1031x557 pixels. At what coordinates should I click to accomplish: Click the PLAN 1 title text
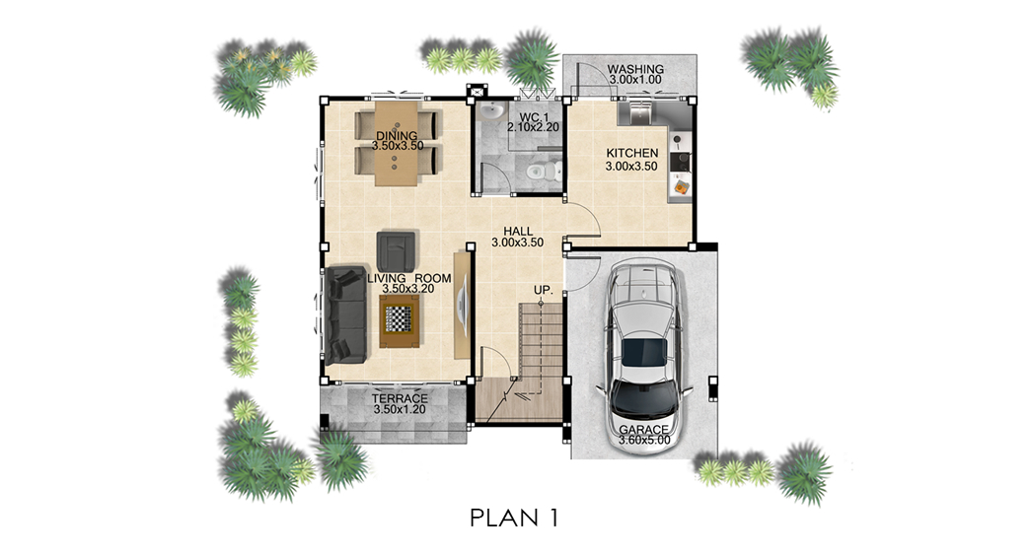coord(514,519)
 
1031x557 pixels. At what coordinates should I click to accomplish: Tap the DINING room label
coord(397,136)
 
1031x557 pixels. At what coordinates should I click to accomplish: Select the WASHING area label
coord(635,69)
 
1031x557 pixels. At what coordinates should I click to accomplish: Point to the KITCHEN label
coord(631,153)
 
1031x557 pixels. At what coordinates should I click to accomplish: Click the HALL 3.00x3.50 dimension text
coord(517,243)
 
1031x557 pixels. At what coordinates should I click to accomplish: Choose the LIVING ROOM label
coord(409,278)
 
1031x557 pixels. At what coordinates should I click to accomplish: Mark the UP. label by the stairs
coord(543,290)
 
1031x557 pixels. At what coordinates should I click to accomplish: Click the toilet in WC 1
coord(542,173)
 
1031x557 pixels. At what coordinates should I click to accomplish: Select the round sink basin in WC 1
coord(490,111)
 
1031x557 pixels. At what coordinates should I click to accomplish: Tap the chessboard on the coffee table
coord(399,319)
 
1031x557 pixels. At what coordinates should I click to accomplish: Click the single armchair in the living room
coord(396,251)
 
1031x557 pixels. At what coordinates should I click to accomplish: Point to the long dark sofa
coord(345,314)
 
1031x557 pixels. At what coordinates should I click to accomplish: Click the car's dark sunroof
coord(644,353)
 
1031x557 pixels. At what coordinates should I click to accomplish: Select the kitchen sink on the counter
coord(636,113)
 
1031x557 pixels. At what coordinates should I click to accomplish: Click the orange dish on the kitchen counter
coord(681,188)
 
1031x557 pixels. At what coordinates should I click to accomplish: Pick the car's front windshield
coord(644,398)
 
